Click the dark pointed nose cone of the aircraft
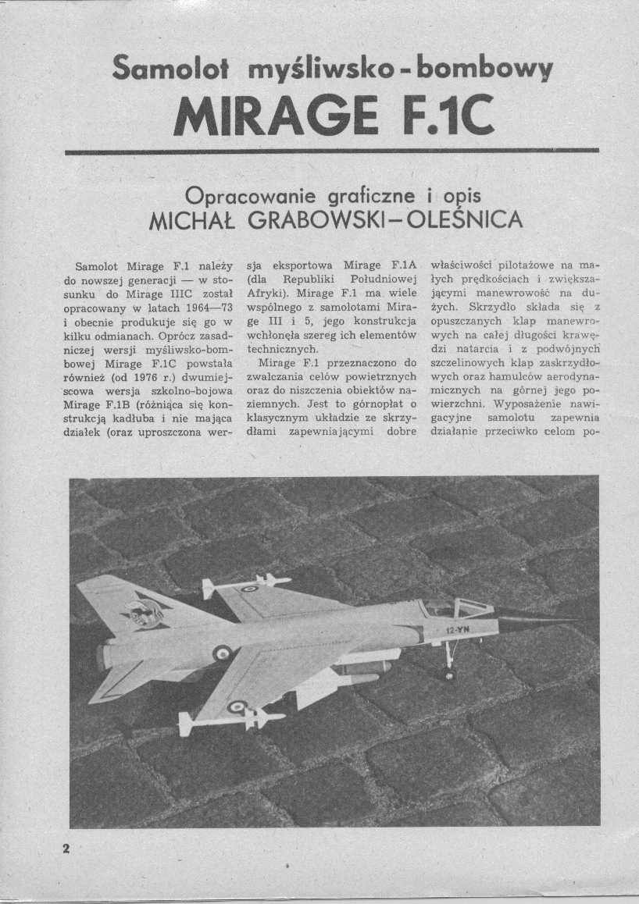(539, 622)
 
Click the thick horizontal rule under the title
(331, 151)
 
